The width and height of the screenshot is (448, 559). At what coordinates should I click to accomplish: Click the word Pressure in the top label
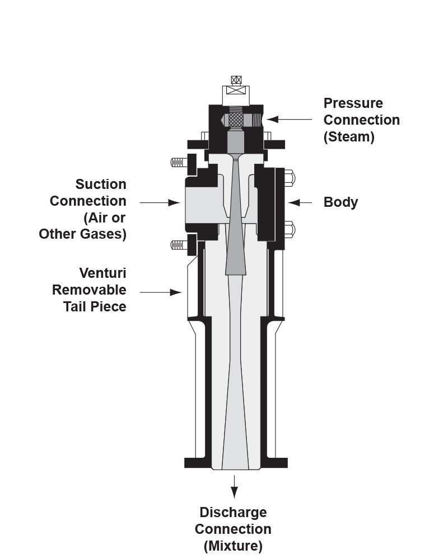tap(353, 103)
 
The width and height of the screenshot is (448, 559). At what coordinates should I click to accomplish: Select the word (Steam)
tap(349, 137)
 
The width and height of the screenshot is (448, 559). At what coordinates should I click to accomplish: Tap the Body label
tap(340, 202)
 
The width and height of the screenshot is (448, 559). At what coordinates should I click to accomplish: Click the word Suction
tap(101, 184)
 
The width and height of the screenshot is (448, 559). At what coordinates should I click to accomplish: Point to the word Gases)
tap(105, 234)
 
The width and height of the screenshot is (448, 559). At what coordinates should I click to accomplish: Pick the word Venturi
tap(102, 273)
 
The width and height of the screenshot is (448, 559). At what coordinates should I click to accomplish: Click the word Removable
tap(89, 290)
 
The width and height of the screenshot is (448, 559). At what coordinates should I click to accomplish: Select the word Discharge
tap(233, 513)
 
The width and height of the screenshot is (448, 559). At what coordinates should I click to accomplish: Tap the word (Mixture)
tap(233, 546)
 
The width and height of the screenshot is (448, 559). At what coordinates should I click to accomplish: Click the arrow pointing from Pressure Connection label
tap(288, 120)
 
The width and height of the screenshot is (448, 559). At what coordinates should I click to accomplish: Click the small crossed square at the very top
tap(236, 80)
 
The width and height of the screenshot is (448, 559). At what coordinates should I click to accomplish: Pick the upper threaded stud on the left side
tap(178, 163)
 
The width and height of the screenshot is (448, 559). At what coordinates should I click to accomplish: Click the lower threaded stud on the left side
tap(178, 245)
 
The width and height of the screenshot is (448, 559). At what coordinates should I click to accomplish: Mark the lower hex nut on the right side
tap(289, 229)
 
